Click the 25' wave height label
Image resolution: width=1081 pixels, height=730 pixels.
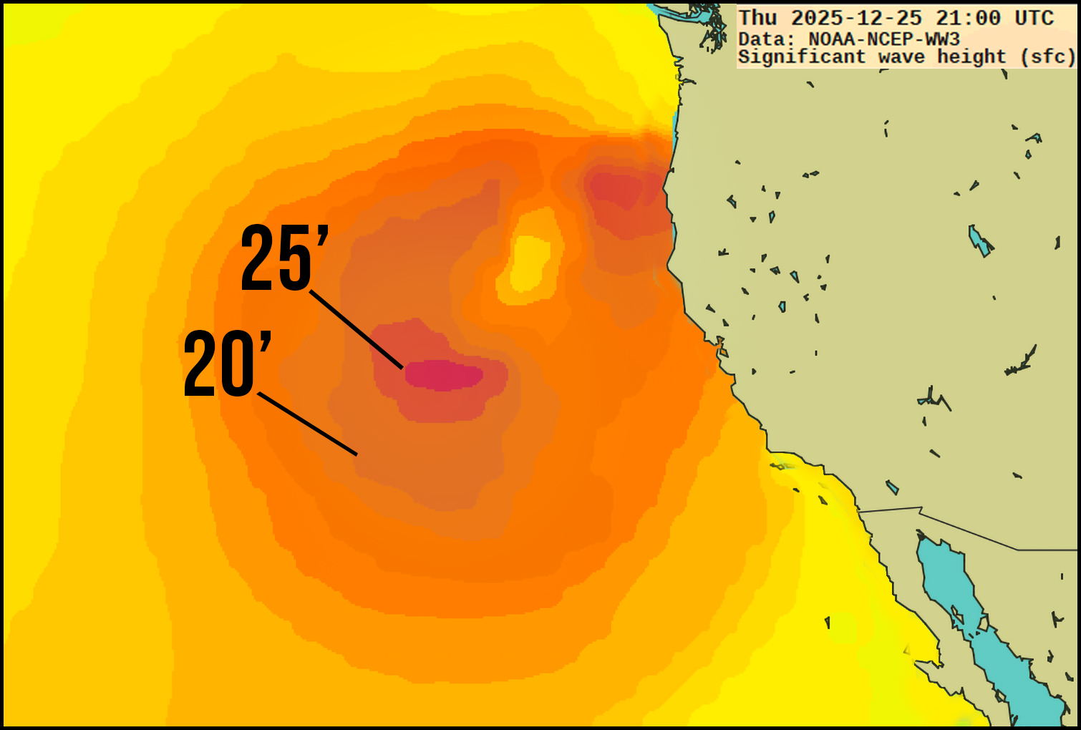click(x=284, y=258)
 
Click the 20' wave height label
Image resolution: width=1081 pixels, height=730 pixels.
click(x=228, y=364)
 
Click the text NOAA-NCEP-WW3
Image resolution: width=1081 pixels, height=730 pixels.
click(x=884, y=39)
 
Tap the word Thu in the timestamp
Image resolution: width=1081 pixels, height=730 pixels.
click(x=757, y=19)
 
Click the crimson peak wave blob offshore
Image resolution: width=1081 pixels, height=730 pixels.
click(x=444, y=375)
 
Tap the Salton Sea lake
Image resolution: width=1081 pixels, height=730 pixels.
click(x=892, y=487)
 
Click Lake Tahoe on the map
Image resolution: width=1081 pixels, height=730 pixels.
click(x=795, y=276)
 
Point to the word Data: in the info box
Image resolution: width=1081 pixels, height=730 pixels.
click(x=766, y=39)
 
